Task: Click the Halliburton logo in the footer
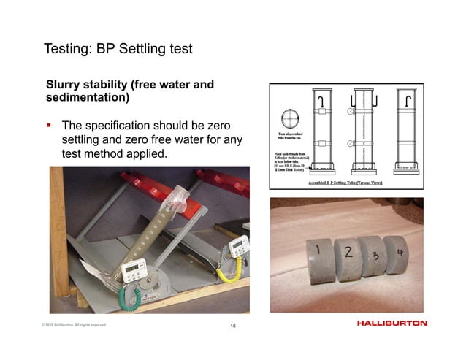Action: coord(392,323)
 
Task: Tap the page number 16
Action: coord(232,325)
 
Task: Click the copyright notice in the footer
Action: coord(74,325)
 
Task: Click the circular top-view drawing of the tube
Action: coord(289,118)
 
